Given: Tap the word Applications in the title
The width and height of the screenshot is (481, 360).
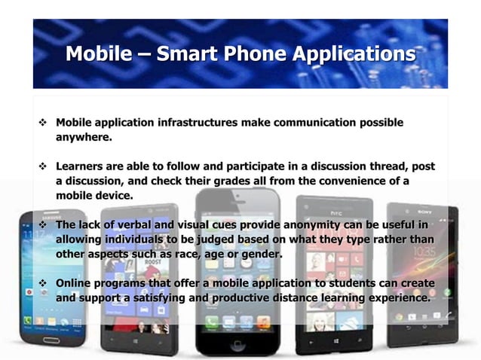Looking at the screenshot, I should tap(354, 54).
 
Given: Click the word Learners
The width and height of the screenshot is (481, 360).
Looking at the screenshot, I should tap(81, 166).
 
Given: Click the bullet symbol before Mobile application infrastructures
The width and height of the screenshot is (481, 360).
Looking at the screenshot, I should tap(42, 123).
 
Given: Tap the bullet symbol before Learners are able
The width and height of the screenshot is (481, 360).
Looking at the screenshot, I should tap(42, 166).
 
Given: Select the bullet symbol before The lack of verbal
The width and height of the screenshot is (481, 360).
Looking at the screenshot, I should tap(42, 225).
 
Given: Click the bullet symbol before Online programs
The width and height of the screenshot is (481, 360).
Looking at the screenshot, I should tap(42, 283).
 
